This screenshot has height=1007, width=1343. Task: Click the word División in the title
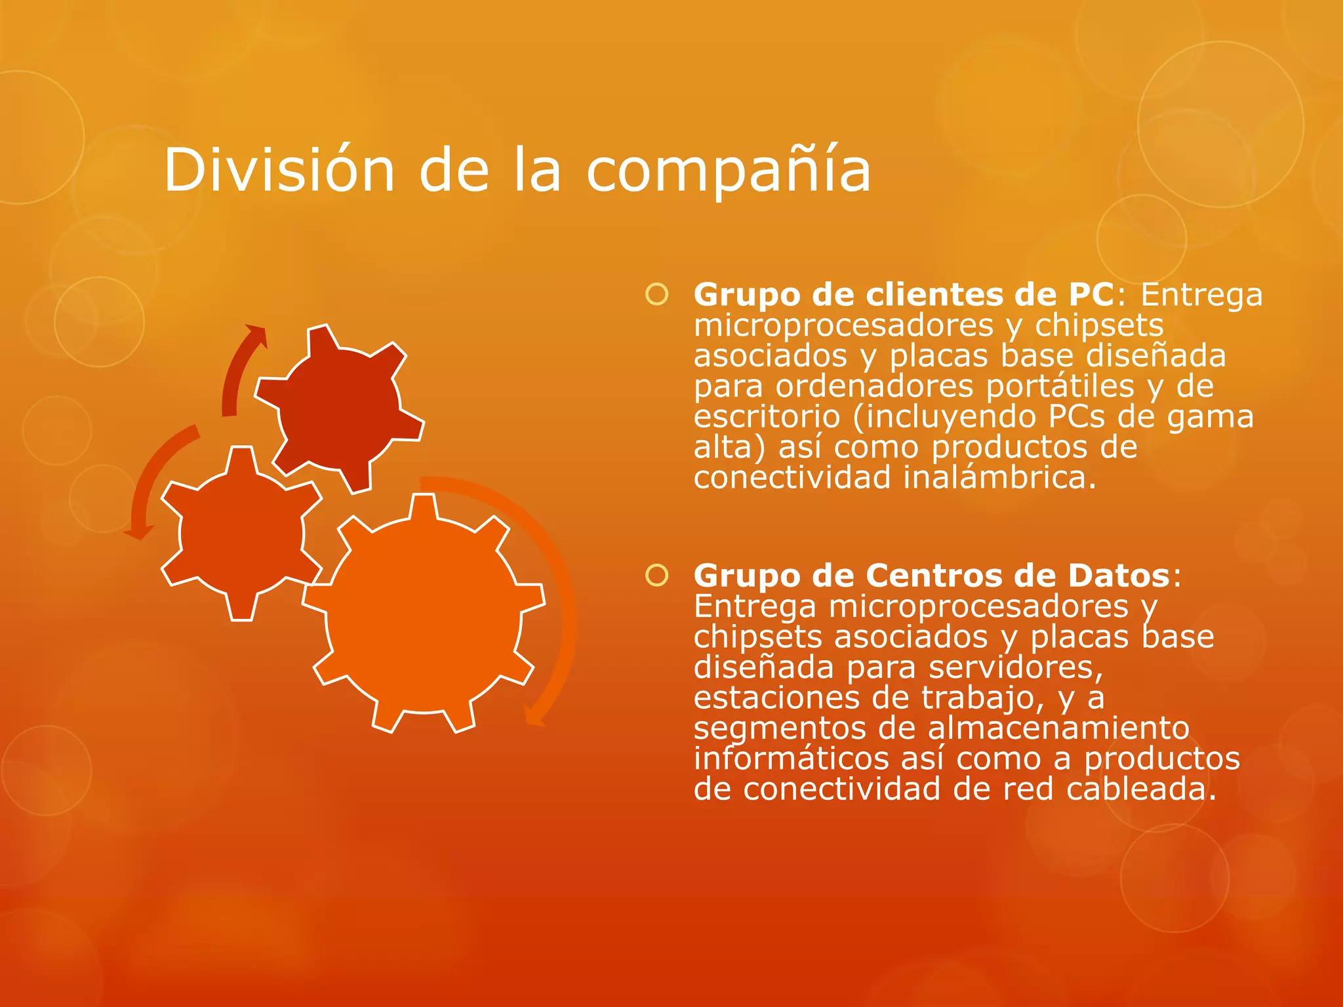click(x=279, y=170)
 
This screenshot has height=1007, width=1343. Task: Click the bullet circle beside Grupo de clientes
click(x=656, y=294)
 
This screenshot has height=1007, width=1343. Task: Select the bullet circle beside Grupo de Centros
click(x=656, y=576)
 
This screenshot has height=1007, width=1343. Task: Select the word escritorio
click(x=767, y=417)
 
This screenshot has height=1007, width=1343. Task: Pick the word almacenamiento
click(x=1058, y=728)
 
